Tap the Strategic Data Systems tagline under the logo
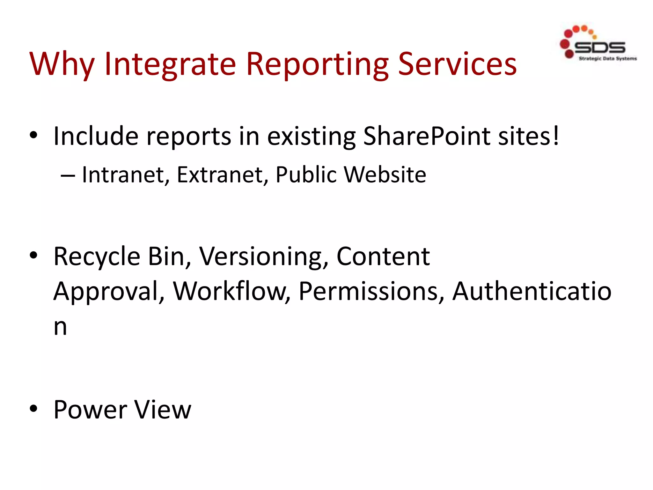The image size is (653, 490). [x=607, y=59]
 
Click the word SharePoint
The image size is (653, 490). [x=427, y=136]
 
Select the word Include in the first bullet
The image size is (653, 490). [x=96, y=136]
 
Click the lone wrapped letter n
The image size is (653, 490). [x=60, y=327]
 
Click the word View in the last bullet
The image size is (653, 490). [x=163, y=410]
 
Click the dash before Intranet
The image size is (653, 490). [x=68, y=175]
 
